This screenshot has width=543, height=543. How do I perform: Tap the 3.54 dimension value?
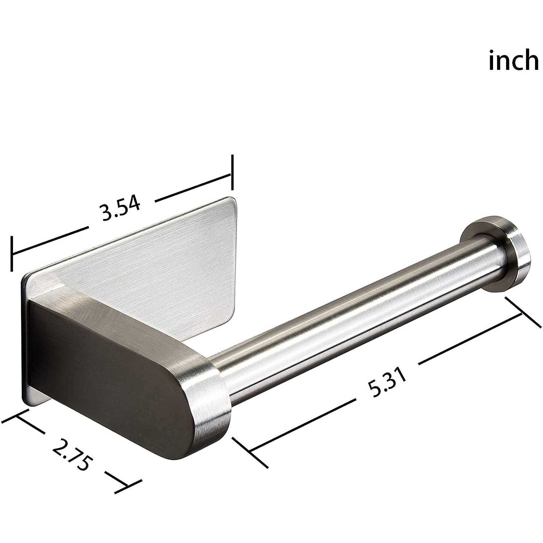tap(121, 209)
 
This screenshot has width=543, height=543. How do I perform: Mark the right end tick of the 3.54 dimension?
tap(232, 173)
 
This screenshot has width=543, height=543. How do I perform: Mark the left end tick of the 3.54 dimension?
tap(12, 253)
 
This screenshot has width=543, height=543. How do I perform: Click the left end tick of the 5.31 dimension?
tap(250, 452)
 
